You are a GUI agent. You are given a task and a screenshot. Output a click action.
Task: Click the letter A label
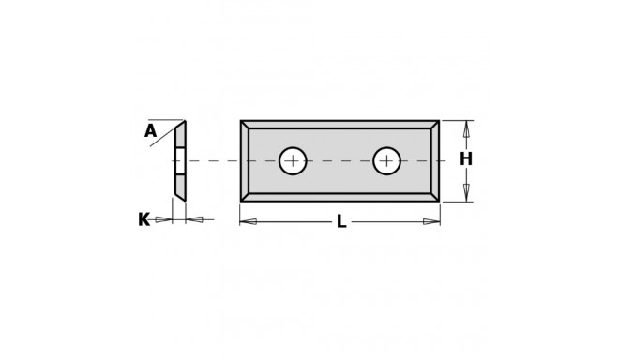(150, 132)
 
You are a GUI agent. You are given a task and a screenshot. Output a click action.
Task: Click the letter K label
(143, 219)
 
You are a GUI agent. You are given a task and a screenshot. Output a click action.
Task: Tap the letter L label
(341, 222)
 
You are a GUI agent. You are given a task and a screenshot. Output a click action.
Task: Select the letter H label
(465, 159)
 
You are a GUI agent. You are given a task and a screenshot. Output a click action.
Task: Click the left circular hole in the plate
(293, 161)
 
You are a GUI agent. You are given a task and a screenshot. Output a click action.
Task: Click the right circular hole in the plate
(386, 161)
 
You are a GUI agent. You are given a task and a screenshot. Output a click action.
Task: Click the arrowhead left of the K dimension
(164, 219)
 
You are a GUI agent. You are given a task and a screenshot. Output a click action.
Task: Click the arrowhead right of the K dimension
(194, 219)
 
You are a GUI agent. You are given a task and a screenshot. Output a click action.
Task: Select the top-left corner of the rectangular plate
(241, 121)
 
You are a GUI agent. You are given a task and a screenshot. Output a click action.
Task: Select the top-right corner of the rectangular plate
(439, 121)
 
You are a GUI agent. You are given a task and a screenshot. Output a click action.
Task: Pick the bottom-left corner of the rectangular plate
(241, 201)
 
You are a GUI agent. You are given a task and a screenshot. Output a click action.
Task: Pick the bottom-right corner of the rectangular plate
(439, 201)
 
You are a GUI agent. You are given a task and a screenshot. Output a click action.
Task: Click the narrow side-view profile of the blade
(180, 159)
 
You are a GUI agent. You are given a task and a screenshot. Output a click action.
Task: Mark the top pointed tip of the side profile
(185, 122)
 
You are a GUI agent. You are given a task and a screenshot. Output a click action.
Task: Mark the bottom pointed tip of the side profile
(184, 199)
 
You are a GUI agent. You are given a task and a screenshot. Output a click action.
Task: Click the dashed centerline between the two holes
(340, 161)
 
